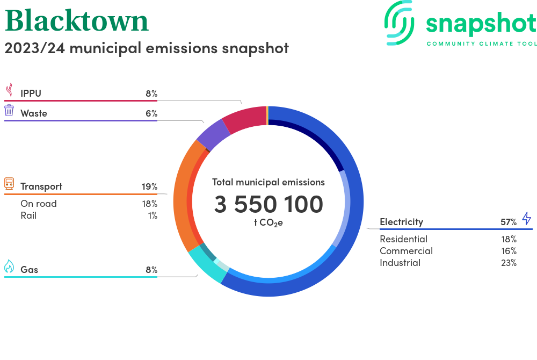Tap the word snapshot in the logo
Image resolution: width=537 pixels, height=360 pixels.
tap(481, 24)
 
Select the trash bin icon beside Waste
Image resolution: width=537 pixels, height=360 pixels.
tap(9, 111)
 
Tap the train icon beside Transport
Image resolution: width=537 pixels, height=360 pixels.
tap(9, 184)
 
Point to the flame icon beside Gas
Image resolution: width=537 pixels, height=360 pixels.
tap(9, 267)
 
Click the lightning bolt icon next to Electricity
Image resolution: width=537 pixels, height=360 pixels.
tap(526, 219)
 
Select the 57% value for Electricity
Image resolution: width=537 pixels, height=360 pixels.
tap(509, 222)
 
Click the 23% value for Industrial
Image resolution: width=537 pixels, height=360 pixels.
tap(509, 263)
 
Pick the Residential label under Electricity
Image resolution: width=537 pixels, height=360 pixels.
tap(403, 239)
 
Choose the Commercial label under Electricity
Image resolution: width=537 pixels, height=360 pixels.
tap(406, 251)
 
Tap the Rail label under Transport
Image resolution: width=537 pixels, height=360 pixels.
tap(28, 215)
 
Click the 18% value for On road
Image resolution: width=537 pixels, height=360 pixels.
tap(149, 204)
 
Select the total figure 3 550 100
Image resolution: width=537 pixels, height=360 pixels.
tap(268, 205)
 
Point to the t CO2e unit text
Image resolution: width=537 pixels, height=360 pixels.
tap(268, 222)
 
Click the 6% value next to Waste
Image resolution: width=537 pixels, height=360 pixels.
tap(151, 113)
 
